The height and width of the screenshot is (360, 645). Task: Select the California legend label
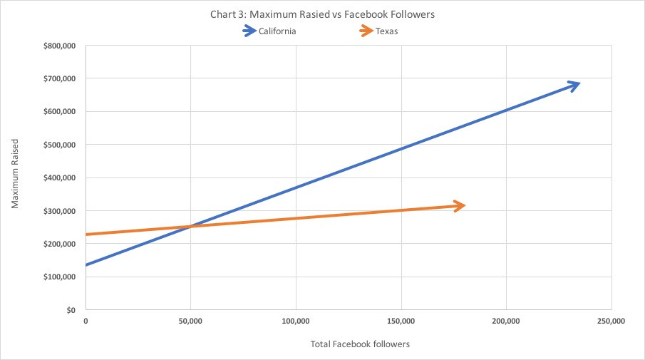[x=278, y=31]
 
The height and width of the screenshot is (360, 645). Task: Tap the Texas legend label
[x=386, y=31]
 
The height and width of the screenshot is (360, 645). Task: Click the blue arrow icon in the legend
[x=250, y=31]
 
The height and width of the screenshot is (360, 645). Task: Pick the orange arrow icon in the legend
[x=366, y=31]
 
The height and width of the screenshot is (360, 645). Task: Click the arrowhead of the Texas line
[x=460, y=205]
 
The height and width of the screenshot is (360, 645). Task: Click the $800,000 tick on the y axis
[x=60, y=46]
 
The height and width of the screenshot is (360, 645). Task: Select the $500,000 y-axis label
[x=60, y=145]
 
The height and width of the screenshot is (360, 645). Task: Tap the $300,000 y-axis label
[x=60, y=211]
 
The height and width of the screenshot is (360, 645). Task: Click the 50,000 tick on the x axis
[x=190, y=322]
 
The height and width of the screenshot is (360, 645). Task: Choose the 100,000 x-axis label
[x=296, y=322]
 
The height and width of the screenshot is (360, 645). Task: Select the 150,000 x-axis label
[x=401, y=322]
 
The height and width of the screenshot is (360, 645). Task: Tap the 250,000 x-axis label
[x=611, y=322]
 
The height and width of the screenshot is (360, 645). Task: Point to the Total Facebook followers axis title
[x=360, y=344]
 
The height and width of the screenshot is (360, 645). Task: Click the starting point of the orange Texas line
[x=86, y=235]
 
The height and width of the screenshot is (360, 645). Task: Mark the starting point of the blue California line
[x=86, y=265]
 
